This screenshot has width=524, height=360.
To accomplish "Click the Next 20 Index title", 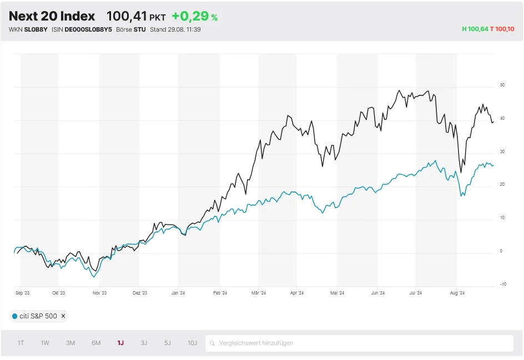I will pos(52,17).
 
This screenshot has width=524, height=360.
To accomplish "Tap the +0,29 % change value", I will pos(194,17).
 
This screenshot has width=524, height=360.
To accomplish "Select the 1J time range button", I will pos(120,343).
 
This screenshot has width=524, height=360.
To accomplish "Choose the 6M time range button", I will pos(96,343).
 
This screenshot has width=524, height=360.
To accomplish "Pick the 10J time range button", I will pos(192,343).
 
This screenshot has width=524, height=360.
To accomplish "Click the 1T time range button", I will pos(21,343).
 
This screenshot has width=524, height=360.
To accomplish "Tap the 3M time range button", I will pos(70,343).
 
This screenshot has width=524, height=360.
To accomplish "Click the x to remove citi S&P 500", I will pos(63,316).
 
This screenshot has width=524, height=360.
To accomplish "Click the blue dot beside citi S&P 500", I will pos(14,316).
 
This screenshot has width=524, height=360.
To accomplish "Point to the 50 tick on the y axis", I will pos(502,85).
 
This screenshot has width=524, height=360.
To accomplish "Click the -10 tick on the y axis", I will pos(502,285).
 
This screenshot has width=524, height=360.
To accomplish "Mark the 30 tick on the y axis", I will pos(502,151).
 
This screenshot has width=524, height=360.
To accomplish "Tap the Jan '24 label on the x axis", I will pos(178,293).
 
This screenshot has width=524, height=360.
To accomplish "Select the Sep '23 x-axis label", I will pos(22,293).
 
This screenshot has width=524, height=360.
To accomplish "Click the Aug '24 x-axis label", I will pos(457,293).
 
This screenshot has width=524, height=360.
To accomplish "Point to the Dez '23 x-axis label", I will pos(140,293).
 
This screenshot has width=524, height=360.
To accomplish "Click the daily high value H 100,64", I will pos(475,29).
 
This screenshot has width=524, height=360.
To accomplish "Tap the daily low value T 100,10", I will pos(502,29).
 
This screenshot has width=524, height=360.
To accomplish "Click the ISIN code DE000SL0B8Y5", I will pos(88,29).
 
